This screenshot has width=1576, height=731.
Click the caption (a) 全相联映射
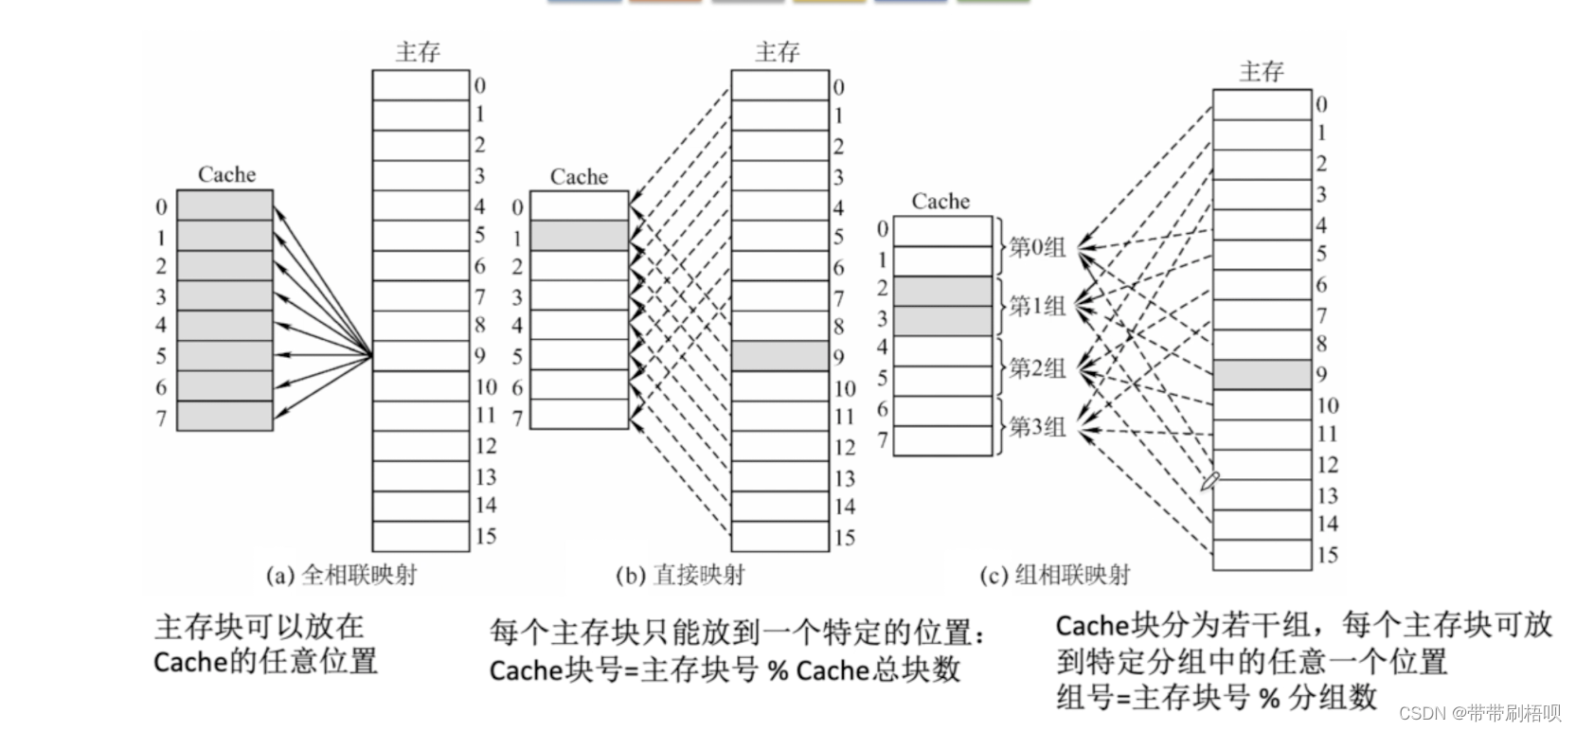point(342,575)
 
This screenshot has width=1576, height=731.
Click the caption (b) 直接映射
point(679,575)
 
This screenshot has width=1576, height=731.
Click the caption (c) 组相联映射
point(1054,575)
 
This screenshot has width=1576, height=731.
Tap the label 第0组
point(1037,248)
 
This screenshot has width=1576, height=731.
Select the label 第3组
point(1037,427)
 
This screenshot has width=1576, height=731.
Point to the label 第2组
point(1037,368)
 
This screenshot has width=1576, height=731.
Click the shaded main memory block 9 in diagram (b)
point(779,356)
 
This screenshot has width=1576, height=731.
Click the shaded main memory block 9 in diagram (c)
point(1262,375)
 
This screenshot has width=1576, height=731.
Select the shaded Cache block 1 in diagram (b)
point(579,236)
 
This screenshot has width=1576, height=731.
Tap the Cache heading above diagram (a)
point(226,174)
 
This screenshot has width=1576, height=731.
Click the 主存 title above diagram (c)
point(1261,72)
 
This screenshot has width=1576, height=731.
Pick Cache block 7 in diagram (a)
point(225,417)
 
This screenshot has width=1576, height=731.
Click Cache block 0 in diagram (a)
point(225,205)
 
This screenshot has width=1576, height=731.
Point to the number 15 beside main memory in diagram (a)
point(485,536)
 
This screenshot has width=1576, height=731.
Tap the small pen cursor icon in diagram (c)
point(1209,481)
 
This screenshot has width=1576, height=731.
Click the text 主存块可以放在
point(259,626)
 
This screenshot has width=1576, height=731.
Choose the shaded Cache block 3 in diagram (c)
point(942,321)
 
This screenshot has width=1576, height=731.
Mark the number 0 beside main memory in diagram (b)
point(838,87)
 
